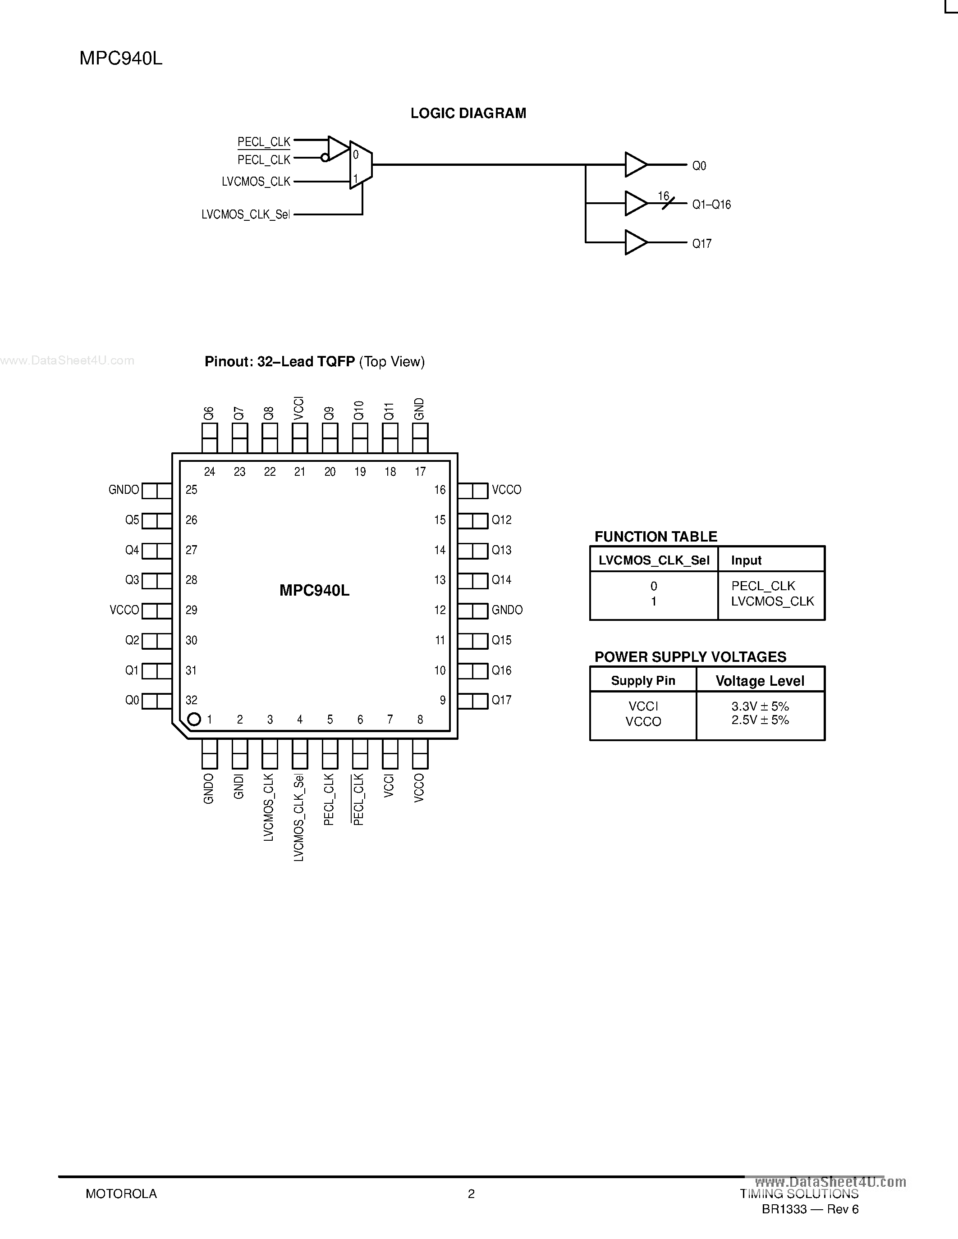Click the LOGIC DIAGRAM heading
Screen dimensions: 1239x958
point(468,113)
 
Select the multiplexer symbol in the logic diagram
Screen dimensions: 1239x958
point(360,165)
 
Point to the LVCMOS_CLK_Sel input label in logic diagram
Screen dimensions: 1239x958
point(245,214)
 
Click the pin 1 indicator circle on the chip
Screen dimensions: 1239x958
point(194,720)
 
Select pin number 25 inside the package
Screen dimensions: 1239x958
point(191,490)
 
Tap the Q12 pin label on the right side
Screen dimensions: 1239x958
point(502,519)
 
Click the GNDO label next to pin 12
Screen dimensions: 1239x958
point(507,610)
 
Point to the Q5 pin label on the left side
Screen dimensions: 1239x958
point(132,519)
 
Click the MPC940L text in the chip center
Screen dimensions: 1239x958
point(314,591)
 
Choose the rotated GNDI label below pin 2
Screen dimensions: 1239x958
point(239,787)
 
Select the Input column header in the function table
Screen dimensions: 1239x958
point(746,560)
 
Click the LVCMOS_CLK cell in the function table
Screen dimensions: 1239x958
point(772,601)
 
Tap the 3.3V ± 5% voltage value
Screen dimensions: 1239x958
point(760,706)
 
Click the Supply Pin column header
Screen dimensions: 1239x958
point(643,681)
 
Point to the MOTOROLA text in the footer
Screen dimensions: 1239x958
point(121,1193)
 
